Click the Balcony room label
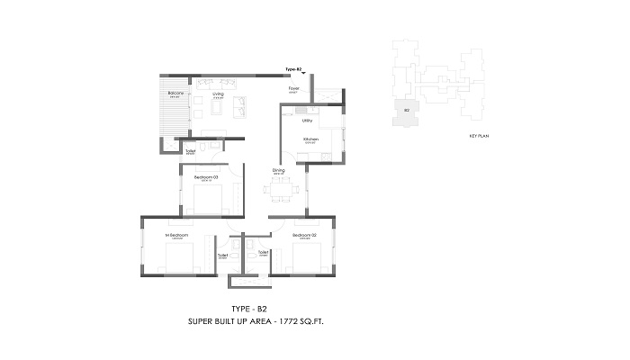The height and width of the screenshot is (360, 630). (175, 93)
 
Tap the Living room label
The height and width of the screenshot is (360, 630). (218, 93)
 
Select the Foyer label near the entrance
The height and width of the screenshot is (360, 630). (293, 89)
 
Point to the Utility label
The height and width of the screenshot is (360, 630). (307, 120)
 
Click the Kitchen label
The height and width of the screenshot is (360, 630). (310, 139)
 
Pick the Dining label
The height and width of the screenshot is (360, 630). (279, 170)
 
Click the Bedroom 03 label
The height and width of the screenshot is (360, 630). (205, 177)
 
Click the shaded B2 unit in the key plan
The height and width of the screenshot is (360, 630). (407, 112)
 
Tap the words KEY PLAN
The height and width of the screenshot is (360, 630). (478, 136)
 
